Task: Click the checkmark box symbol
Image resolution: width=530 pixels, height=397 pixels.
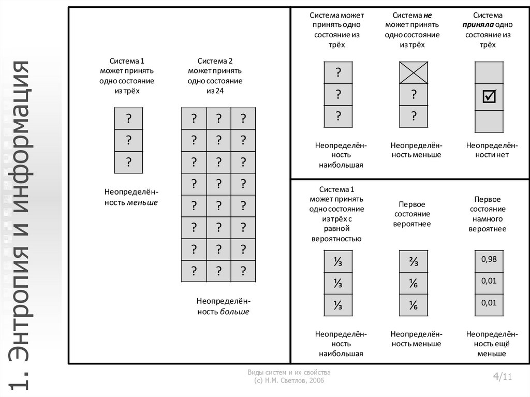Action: (x=489, y=96)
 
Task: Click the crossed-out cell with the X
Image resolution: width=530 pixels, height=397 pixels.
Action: (x=414, y=72)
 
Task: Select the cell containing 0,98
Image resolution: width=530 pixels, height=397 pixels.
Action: (x=489, y=260)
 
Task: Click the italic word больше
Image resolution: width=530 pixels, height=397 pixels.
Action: (x=234, y=312)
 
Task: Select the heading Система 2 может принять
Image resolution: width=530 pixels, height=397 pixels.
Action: (x=215, y=65)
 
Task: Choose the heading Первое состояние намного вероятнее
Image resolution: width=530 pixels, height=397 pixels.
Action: (x=488, y=214)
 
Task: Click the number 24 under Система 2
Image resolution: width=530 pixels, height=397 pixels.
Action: (x=219, y=91)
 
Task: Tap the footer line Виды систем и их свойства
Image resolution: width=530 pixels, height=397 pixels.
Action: (x=289, y=373)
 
